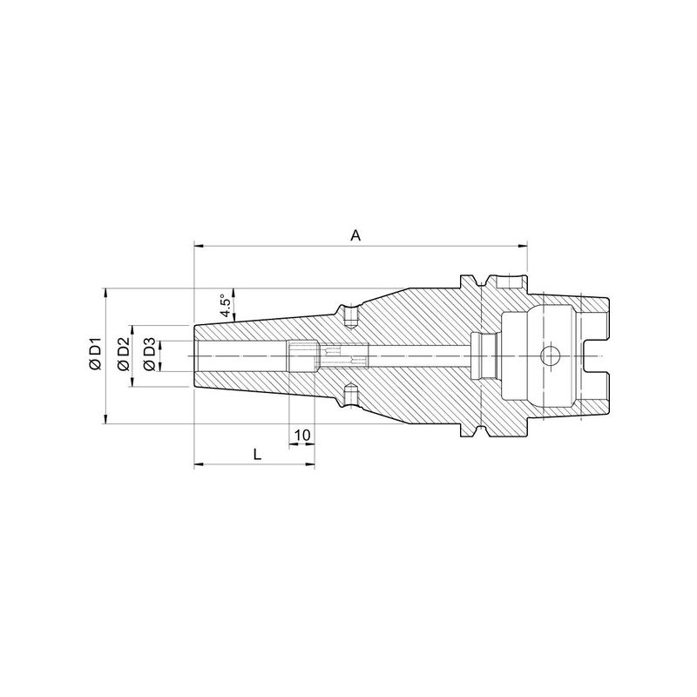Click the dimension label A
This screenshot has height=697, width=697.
click(355, 235)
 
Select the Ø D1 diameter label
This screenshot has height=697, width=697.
click(96, 354)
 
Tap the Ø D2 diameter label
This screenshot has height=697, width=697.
click(123, 354)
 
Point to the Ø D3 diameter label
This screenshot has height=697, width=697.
click(150, 355)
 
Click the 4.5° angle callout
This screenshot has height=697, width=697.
click(226, 304)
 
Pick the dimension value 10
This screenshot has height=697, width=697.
click(302, 435)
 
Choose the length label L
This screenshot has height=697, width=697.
click(257, 455)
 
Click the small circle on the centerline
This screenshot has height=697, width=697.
click(550, 356)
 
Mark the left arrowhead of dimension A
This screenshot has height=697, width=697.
click(199, 245)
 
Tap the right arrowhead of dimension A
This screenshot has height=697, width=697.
click(523, 245)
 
